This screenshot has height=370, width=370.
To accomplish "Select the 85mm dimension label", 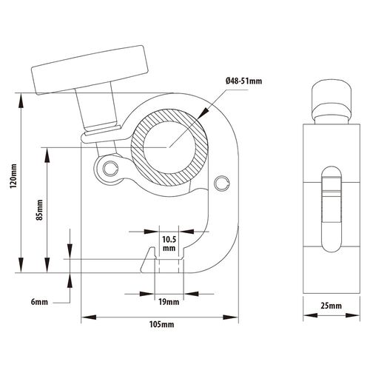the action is pos(40,210).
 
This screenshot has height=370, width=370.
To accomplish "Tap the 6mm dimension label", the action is pos(39,302).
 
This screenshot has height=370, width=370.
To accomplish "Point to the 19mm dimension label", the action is pos(169,302).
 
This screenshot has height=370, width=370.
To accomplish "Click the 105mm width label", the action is pos(162,324).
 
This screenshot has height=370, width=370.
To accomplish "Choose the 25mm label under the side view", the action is pos(332,306).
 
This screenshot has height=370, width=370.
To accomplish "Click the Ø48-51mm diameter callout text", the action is pos(243,81).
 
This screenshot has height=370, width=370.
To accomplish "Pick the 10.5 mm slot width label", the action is pos(169,243).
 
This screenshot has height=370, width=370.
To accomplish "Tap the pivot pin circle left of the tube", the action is pos(110,169).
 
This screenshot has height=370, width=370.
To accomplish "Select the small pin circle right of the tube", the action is pos(222,183).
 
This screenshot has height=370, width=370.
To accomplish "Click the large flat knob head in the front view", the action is pos(90,70).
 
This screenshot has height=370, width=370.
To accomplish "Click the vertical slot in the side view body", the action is pos(332,209).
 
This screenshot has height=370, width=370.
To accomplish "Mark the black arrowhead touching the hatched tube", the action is pos(204,112).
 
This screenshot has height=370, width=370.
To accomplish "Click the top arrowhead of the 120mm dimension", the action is pos(21,101).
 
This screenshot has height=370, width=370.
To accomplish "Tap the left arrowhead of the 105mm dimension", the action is pos(89,317).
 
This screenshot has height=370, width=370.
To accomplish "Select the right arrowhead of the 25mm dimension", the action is pos(352,315).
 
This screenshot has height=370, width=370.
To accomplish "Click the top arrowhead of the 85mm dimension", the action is pos(47,155).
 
